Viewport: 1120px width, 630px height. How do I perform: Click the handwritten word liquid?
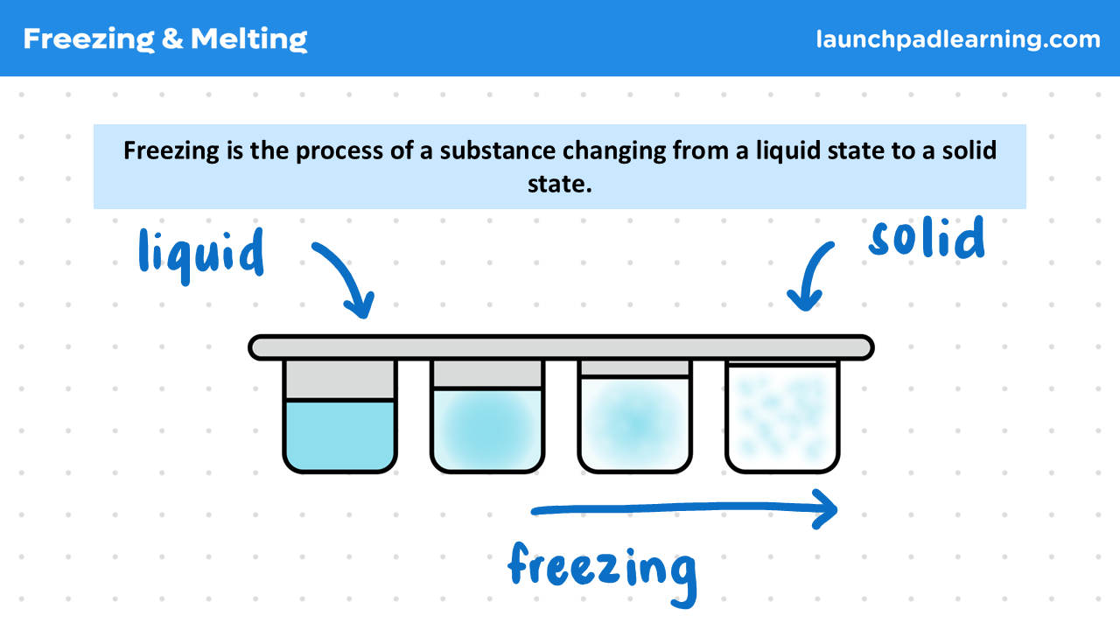point(201,254)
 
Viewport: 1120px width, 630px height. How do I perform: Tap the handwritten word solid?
point(927,238)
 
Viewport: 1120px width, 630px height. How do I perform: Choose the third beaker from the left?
point(634,416)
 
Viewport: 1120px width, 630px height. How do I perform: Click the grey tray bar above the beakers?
point(561,347)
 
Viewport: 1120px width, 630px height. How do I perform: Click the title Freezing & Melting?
point(165,38)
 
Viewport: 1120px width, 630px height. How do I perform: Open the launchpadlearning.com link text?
point(958,39)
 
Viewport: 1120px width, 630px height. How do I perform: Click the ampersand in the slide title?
point(171,39)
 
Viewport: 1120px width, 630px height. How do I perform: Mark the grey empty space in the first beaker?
point(339,380)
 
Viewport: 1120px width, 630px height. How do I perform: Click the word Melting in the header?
point(248,39)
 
